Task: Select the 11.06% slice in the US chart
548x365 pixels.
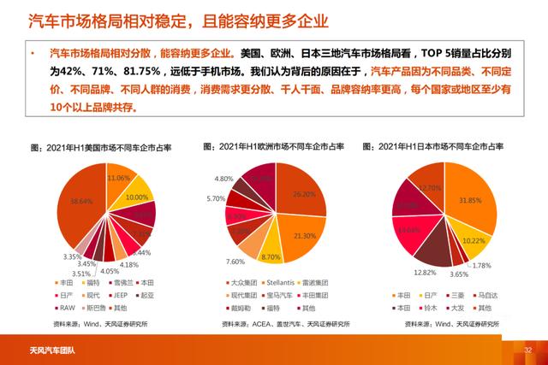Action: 119,178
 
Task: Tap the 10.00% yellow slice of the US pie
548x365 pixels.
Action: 136,197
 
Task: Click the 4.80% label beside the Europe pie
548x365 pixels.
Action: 224,179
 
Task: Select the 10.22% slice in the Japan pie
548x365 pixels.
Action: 473,241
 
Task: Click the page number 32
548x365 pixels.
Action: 528,350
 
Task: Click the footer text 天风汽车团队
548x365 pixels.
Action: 42,350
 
